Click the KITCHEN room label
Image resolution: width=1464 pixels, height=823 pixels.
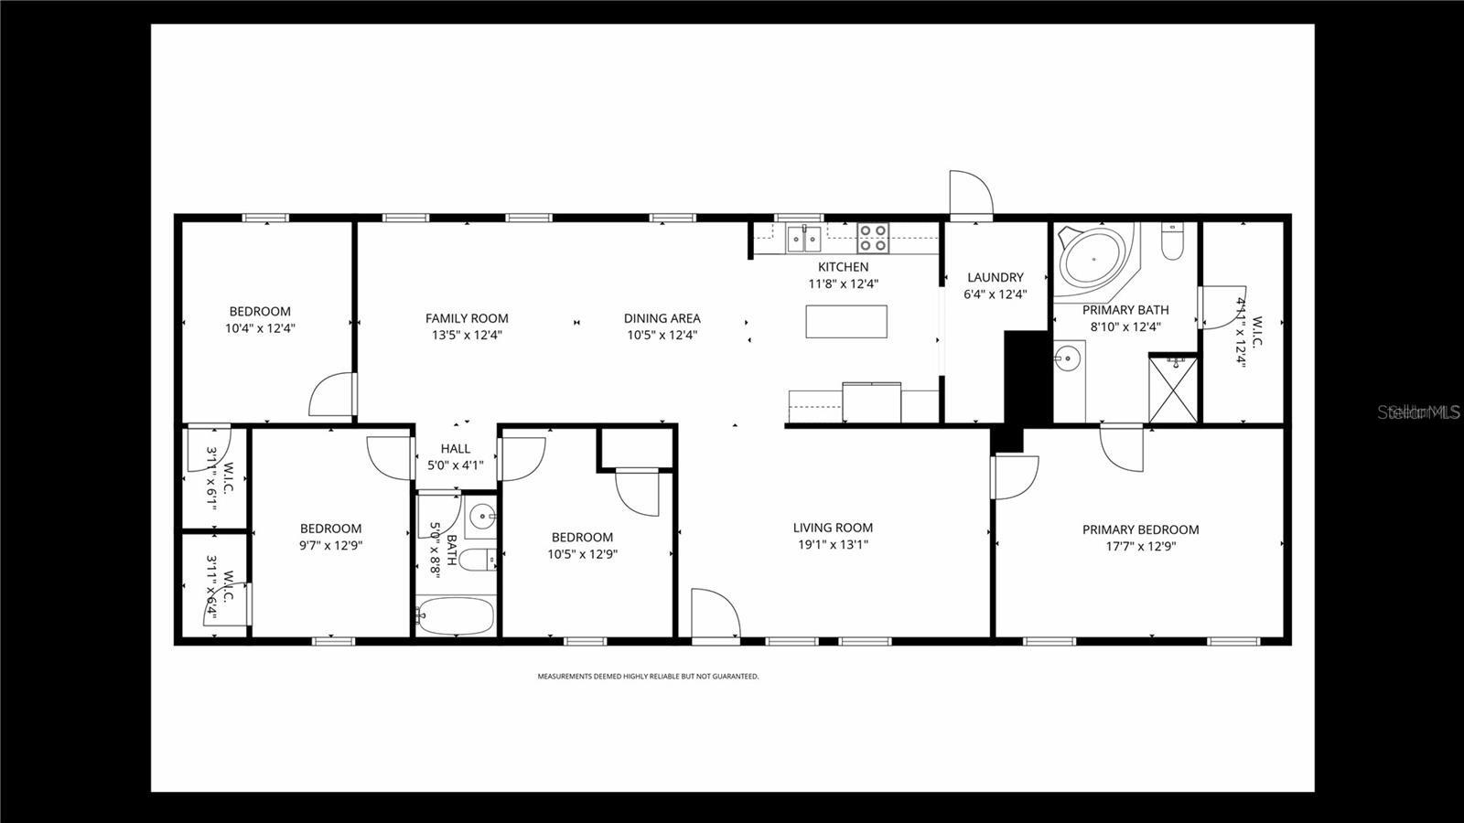click(843, 267)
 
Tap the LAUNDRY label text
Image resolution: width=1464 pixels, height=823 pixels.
click(996, 277)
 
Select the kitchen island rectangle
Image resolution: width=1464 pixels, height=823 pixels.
click(846, 321)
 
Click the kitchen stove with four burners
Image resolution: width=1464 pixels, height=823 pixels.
click(872, 238)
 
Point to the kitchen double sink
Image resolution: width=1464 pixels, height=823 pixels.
click(803, 239)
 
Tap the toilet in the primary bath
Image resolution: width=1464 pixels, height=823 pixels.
click(1172, 242)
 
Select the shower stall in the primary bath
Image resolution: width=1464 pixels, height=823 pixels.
click(1172, 389)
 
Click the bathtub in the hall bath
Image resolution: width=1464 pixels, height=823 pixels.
click(456, 616)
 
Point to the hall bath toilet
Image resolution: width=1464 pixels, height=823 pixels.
click(476, 559)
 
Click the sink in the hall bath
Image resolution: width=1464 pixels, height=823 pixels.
click(481, 518)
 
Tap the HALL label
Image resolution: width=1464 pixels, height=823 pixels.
click(456, 448)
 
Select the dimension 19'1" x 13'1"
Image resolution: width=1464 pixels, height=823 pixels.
click(833, 545)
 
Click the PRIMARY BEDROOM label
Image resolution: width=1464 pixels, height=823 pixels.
click(1140, 529)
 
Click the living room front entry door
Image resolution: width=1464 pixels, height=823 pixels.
click(714, 615)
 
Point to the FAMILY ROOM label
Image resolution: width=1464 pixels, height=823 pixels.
click(467, 318)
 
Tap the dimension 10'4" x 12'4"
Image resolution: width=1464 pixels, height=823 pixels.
click(260, 327)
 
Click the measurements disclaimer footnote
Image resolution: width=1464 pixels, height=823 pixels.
click(648, 677)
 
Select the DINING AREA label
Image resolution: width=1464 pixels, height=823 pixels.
click(662, 318)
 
